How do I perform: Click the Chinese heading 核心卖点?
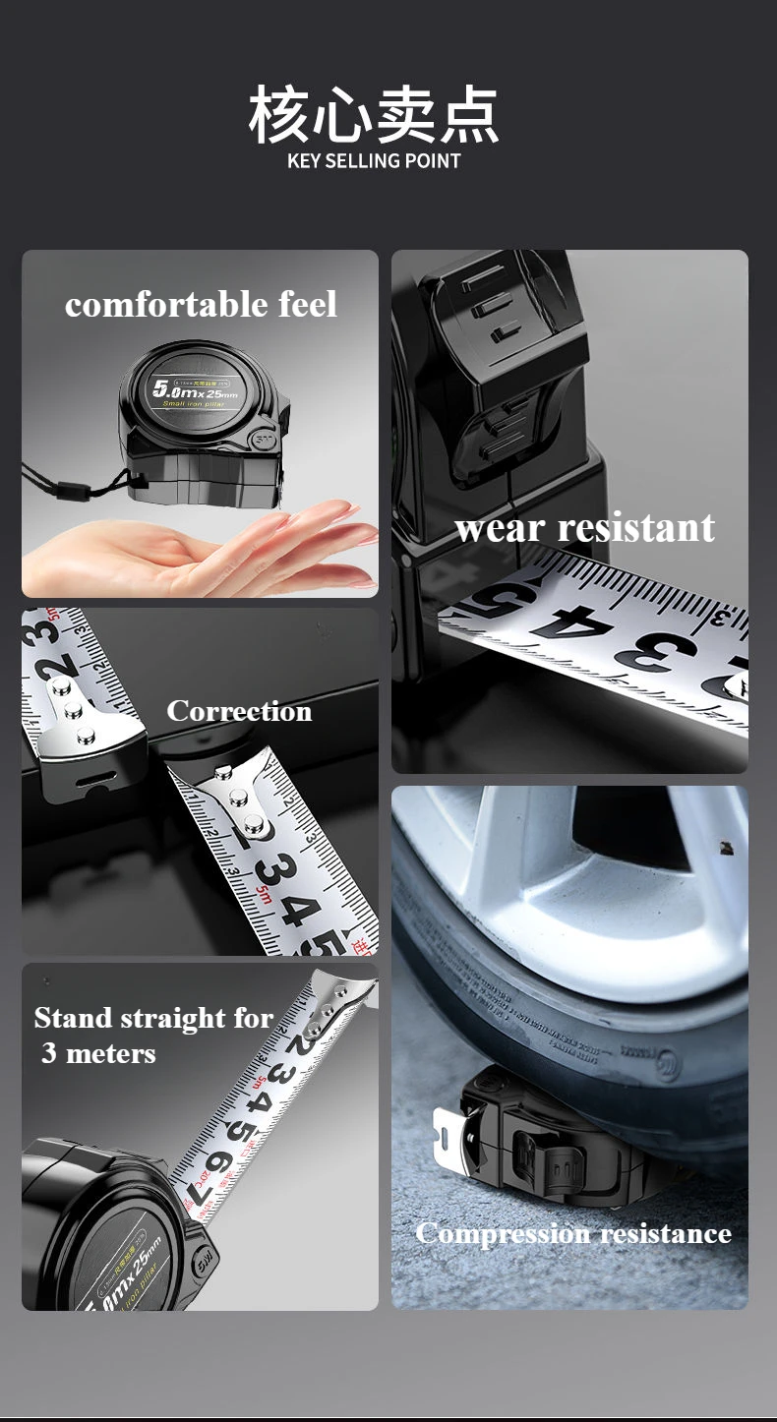coord(374,114)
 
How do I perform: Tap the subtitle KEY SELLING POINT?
coord(374,161)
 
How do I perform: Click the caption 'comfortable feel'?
coord(201,305)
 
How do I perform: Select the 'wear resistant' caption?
coord(584,528)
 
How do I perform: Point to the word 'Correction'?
coord(239,711)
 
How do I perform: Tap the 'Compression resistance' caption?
coord(573,1233)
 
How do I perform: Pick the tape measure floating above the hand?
coord(207,423)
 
